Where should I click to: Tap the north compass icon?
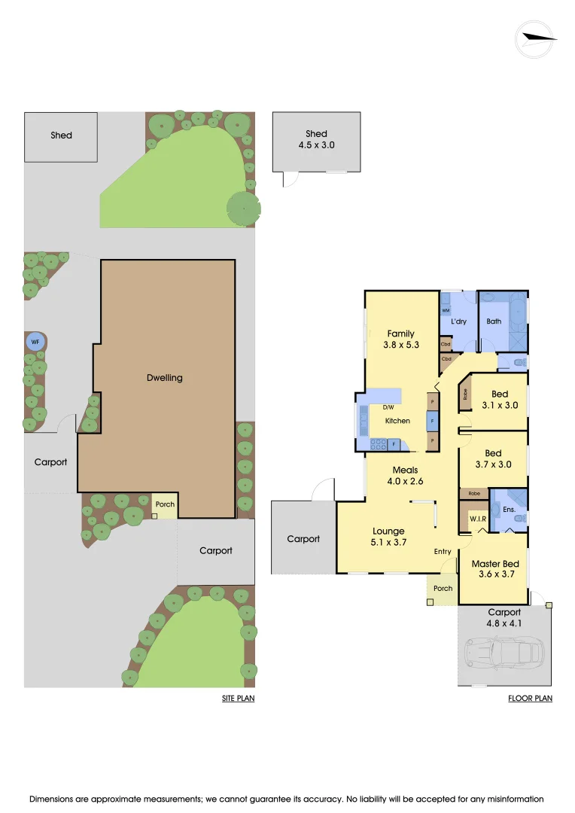(x=535, y=38)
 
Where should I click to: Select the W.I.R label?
(x=476, y=519)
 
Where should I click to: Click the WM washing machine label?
(x=446, y=310)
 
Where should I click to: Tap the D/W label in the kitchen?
(x=388, y=407)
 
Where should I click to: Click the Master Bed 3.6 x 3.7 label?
(x=494, y=569)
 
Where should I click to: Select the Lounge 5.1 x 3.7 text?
(x=388, y=536)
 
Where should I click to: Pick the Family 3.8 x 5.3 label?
(x=401, y=339)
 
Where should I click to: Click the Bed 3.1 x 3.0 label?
(x=500, y=399)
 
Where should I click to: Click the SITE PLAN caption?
(x=238, y=699)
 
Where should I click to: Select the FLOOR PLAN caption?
(x=530, y=699)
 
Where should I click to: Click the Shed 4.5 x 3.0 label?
(x=316, y=140)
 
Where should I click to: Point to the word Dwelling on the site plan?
(x=165, y=377)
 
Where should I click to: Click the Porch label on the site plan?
(x=164, y=504)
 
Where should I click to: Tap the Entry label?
(x=443, y=552)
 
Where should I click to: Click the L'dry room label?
(x=459, y=321)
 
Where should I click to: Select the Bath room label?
(x=494, y=321)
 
